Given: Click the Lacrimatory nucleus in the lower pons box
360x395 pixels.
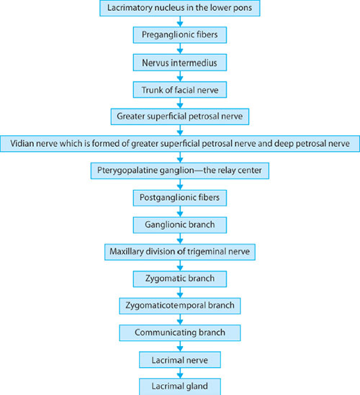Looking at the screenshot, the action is pyautogui.click(x=180, y=8).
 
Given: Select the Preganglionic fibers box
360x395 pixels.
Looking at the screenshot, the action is pyautogui.click(x=180, y=35).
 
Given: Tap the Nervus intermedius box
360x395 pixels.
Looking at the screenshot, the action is pyautogui.click(x=180, y=63).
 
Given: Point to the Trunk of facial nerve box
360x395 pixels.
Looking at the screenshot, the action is pyautogui.click(x=180, y=90).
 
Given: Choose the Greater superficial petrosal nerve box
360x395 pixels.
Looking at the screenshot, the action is pyautogui.click(x=180, y=117).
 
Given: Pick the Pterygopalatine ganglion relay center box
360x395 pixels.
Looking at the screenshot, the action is pyautogui.click(x=180, y=171).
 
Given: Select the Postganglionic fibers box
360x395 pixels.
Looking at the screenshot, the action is pyautogui.click(x=180, y=197).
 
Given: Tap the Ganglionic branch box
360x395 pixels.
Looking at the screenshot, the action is pyautogui.click(x=180, y=224).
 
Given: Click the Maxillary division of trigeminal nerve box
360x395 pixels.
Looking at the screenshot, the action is pyautogui.click(x=180, y=252).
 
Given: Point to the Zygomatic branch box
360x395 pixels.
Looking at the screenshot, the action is pyautogui.click(x=180, y=278).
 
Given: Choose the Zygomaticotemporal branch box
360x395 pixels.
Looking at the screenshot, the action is pyautogui.click(x=180, y=306).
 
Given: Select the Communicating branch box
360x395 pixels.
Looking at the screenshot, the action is pyautogui.click(x=180, y=332).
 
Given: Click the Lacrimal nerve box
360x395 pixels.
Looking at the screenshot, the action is pyautogui.click(x=180, y=360).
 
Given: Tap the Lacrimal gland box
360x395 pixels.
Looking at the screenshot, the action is pyautogui.click(x=180, y=386).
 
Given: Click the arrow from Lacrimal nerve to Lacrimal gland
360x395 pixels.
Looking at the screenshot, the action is pyautogui.click(x=180, y=373).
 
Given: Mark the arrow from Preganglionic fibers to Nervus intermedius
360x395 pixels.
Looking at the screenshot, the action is pyautogui.click(x=180, y=48).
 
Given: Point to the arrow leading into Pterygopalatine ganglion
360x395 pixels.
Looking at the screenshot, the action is pyautogui.click(x=180, y=157).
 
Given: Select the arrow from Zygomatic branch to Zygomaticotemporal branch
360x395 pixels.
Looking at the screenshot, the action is pyautogui.click(x=180, y=292).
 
